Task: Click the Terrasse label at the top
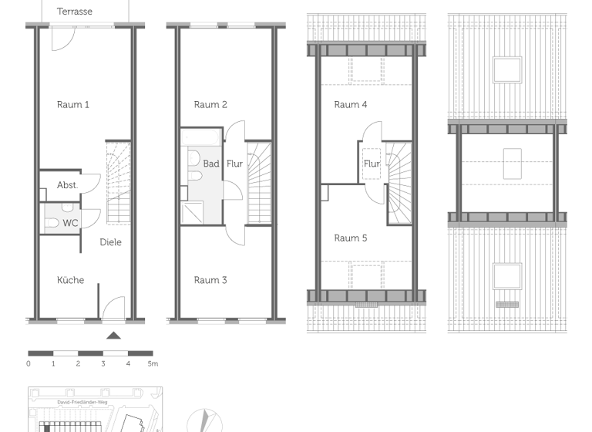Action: pos(75,12)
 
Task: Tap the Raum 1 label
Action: pos(73,104)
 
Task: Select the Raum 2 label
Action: pos(210,104)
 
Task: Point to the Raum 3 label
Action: pos(210,280)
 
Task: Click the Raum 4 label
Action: pos(351,104)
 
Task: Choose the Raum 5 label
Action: pos(351,238)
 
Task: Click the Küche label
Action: pos(70,280)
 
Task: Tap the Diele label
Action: pos(110,242)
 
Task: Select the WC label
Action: pos(70,223)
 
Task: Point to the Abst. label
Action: pos(68,185)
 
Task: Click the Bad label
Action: pos(211,164)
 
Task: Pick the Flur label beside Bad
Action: pos(234,164)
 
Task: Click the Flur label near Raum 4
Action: pos(372,164)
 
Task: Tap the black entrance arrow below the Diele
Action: pos(113,335)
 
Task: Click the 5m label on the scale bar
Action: pos(153,363)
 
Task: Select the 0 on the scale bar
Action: pos(29,363)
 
